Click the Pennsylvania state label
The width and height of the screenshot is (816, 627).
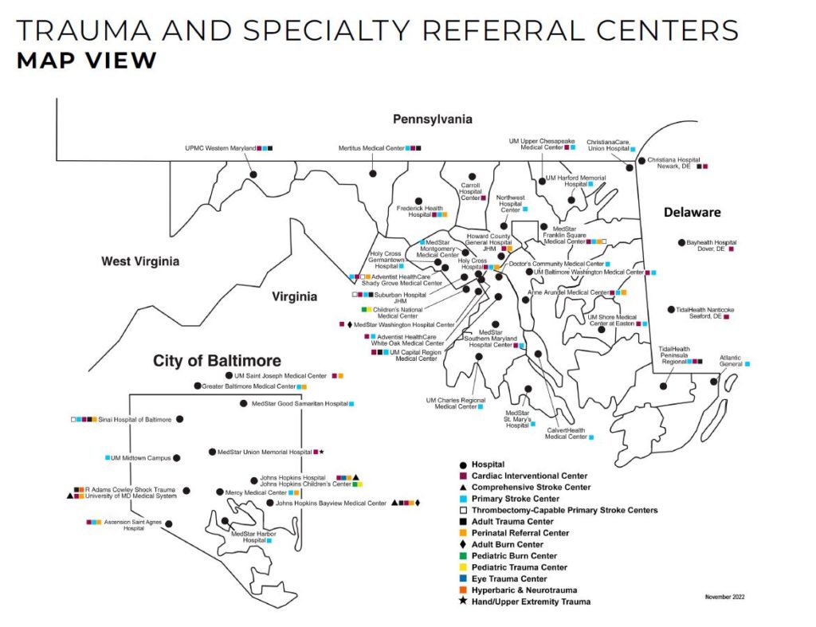[432, 120]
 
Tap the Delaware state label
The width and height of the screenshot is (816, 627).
[692, 213]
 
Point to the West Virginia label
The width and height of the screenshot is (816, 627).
[140, 261]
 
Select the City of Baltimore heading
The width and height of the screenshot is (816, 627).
[206, 361]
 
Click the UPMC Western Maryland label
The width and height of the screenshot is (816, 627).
[215, 148]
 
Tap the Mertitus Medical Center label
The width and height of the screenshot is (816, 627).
[371, 148]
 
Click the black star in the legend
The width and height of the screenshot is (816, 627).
[463, 602]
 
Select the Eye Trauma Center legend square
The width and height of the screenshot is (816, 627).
[463, 579]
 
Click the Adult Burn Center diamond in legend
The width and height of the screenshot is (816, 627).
[463, 544]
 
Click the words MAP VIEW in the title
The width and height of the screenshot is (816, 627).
[86, 61]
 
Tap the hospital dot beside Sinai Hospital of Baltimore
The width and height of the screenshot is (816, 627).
[179, 419]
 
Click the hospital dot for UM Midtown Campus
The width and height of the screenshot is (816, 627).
[176, 458]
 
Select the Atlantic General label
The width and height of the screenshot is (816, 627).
[731, 360]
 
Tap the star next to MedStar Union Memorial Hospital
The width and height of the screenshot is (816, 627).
[321, 452]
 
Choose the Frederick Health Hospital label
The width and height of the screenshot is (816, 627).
[419, 211]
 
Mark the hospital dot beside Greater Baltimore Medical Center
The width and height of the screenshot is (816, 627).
[197, 386]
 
